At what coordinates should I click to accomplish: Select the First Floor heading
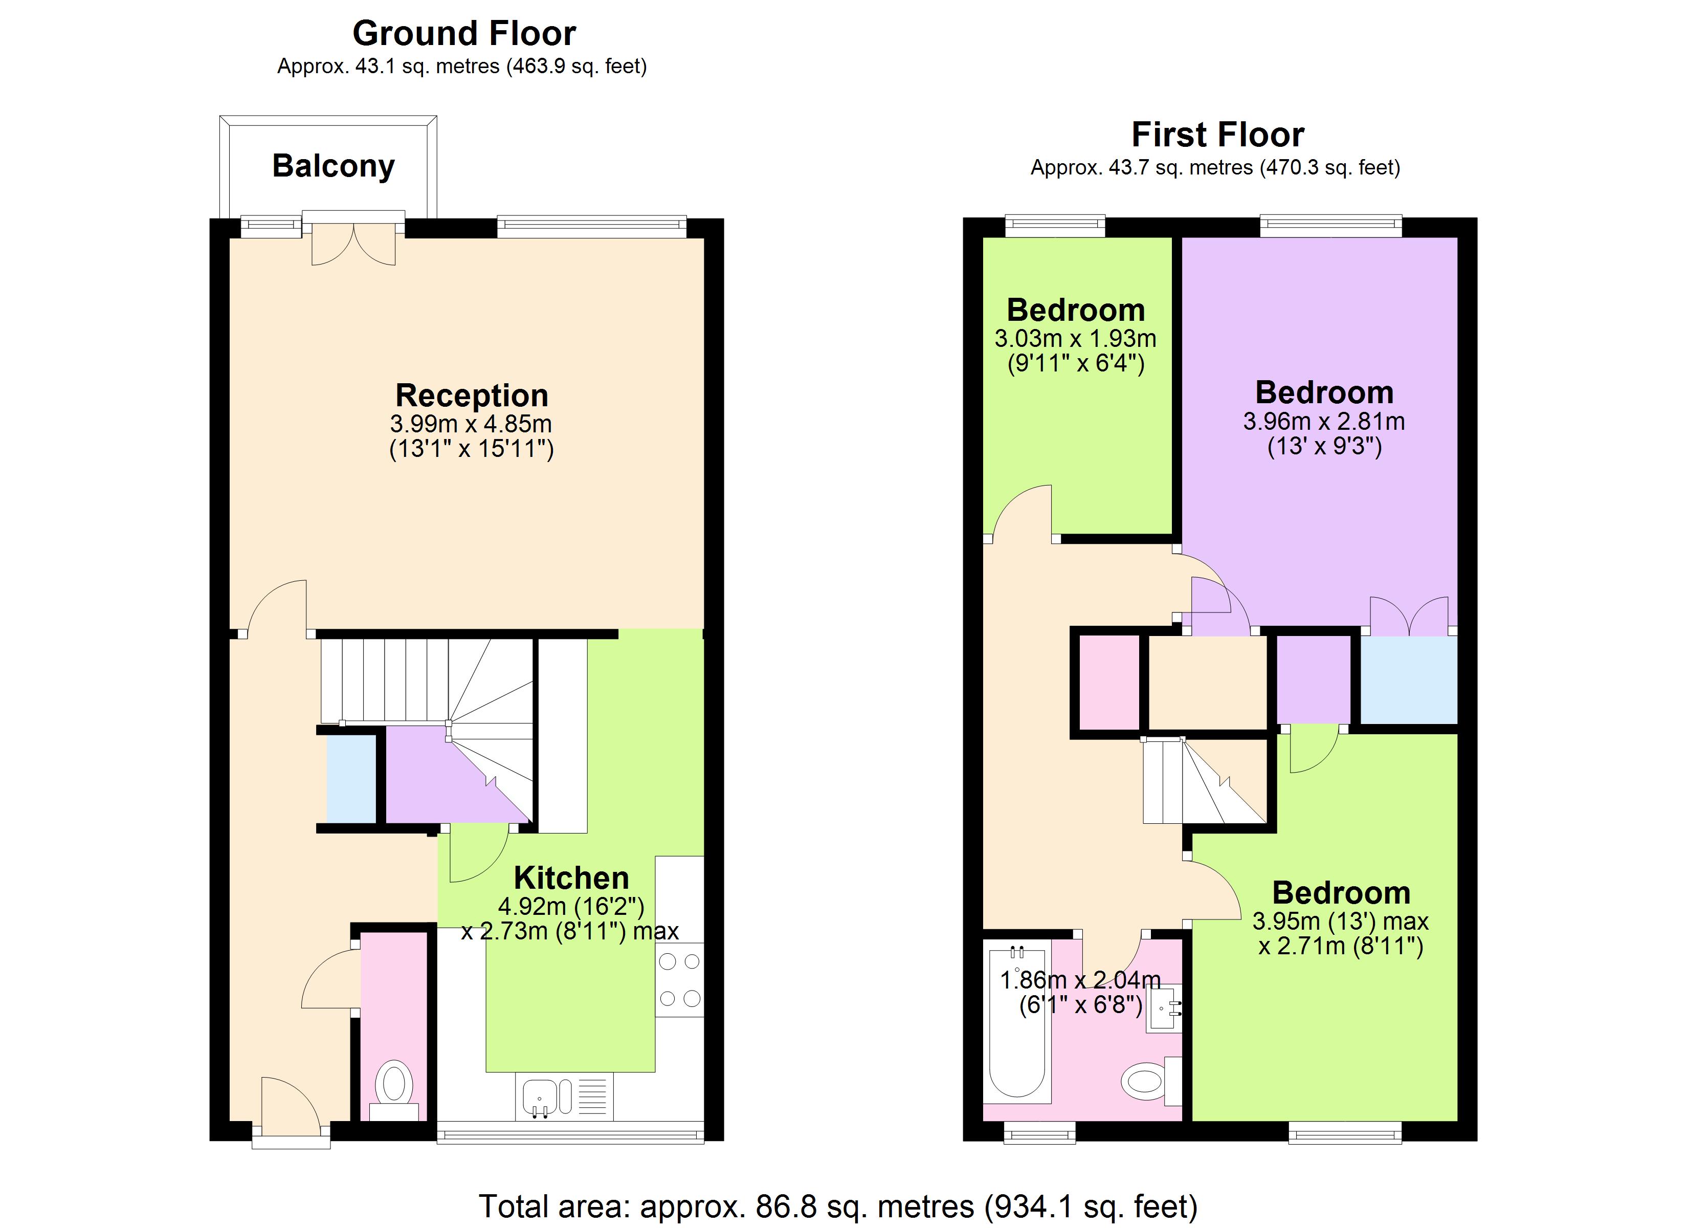[x=1217, y=135]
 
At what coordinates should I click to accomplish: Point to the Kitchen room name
[x=571, y=878]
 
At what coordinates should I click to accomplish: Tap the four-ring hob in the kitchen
[x=679, y=980]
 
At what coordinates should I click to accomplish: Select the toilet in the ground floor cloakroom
[x=394, y=1084]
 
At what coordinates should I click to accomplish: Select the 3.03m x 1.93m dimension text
[x=1076, y=339]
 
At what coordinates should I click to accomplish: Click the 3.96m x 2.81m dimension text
[x=1324, y=422]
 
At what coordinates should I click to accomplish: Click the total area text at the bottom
[x=837, y=1207]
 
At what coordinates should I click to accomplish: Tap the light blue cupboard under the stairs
[x=352, y=779]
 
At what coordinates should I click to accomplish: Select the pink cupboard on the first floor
[x=1109, y=682]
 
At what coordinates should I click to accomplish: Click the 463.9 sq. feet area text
[x=577, y=67]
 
